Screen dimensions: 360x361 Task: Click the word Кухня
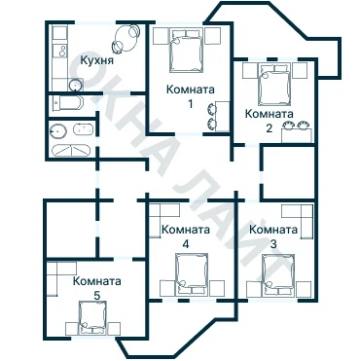97,60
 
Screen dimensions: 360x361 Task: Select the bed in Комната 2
273,85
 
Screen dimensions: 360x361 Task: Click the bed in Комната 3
278,275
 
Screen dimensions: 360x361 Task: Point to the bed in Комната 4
192,274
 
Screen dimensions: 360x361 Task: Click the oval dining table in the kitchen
126,38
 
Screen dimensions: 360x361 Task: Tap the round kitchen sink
75,86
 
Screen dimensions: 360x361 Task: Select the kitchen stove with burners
60,51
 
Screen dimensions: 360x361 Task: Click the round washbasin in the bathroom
58,131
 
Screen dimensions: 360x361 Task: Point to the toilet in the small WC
66,103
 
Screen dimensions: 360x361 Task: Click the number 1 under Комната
191,104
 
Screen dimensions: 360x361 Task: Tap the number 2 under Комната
270,128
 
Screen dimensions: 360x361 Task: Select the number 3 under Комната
273,244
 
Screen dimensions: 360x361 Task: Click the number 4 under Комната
186,244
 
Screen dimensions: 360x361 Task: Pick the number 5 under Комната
97,295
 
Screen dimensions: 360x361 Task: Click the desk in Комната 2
297,135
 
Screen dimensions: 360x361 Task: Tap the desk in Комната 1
223,116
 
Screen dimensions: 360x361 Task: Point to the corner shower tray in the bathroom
71,150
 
